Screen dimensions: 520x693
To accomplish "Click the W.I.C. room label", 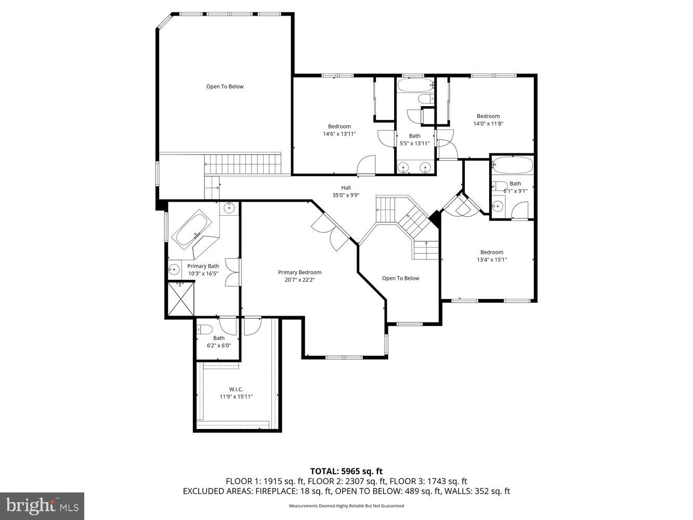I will (236, 389).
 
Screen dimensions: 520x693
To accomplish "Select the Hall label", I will (346, 188).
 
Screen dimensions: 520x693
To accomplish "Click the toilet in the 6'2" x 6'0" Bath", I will (204, 329).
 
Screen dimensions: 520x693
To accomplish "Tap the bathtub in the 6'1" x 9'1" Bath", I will (513, 166).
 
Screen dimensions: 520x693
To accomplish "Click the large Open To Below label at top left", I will (225, 86).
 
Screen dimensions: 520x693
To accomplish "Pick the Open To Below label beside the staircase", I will (400, 278).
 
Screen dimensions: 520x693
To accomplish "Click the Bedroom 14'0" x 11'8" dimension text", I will (488, 124).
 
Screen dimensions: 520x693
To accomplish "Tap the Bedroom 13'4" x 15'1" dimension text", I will (491, 259).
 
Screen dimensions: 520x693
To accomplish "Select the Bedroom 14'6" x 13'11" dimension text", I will (339, 134).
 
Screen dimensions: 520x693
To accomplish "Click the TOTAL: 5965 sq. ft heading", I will (346, 472).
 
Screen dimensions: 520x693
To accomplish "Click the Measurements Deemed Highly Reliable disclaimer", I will (346, 506).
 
